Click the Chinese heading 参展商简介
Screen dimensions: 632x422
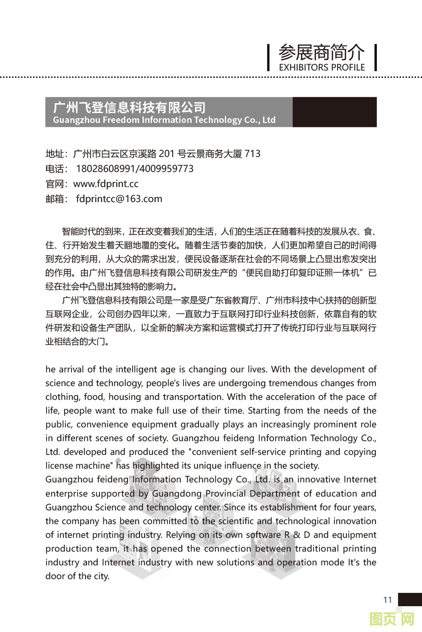321,52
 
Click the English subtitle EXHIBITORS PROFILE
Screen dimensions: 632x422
322,67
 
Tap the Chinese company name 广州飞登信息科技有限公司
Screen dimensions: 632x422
129,107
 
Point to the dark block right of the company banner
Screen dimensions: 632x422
334,112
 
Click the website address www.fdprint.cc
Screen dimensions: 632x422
106,184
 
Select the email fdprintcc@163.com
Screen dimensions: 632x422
119,199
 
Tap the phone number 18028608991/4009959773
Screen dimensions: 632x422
134,169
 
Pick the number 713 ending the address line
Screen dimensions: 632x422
252,154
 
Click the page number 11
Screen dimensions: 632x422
388,600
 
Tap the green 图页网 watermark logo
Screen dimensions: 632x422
392,619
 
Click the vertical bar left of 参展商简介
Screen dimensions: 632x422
269,57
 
